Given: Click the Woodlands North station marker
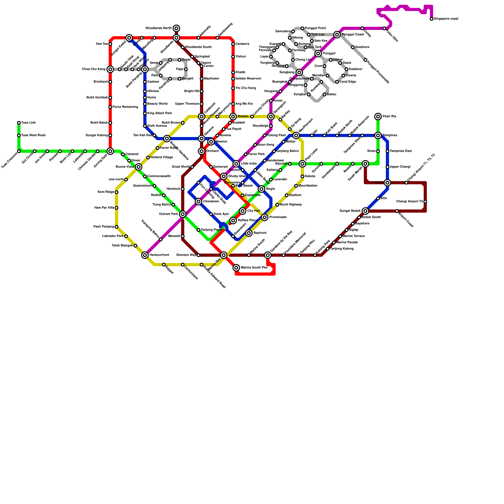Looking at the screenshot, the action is [176, 28].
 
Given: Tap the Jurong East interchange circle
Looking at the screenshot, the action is [110, 151].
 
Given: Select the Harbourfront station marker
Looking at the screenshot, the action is [145, 255].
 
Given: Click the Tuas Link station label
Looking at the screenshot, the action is [29, 123].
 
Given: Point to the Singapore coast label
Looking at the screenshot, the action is [446, 19].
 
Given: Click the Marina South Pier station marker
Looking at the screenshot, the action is [236, 268].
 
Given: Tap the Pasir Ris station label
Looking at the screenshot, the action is [389, 117].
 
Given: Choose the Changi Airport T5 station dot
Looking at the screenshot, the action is [425, 202].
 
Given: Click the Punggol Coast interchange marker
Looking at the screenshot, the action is [337, 35].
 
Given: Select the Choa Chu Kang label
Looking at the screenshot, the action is [94, 69].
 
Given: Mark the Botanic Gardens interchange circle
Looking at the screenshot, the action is [167, 139].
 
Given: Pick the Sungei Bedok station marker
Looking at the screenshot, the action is [365, 211].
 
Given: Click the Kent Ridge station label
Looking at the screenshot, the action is [106, 192].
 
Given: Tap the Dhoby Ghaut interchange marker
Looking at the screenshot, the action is [224, 176].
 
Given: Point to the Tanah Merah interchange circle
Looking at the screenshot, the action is [365, 164].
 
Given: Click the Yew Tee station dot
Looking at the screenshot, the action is [110, 44].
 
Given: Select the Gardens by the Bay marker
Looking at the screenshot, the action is [268, 255].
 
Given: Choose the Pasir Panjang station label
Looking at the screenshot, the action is [104, 227].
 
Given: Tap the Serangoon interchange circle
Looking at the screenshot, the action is [271, 117].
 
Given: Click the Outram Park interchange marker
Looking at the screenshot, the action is [183, 214].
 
